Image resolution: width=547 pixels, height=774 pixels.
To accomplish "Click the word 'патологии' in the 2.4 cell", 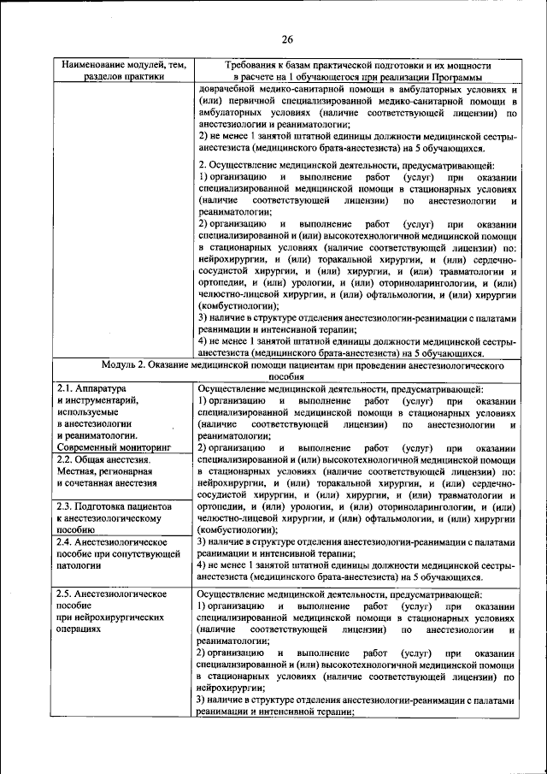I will (x=76, y=564).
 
